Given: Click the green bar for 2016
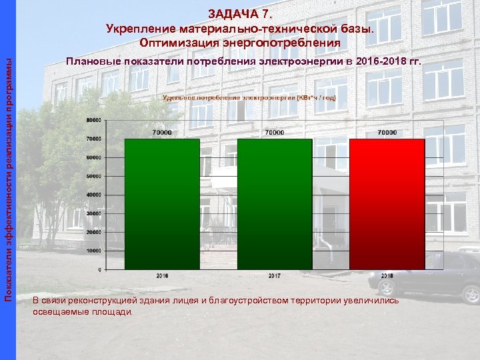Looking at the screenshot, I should pyautogui.click(x=162, y=203).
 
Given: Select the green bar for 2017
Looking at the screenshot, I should pyautogui.click(x=275, y=203).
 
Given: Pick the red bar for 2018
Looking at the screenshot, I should pyautogui.click(x=387, y=203).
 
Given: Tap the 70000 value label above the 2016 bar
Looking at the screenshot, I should pyautogui.click(x=162, y=133).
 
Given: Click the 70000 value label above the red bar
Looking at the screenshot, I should pyautogui.click(x=387, y=133).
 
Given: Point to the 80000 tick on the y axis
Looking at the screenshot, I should pyautogui.click(x=93, y=120).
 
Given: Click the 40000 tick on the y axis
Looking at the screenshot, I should pyautogui.click(x=93, y=195).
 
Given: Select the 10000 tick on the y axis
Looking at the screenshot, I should pyautogui.click(x=93, y=251).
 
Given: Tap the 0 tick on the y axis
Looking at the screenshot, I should pyautogui.click(x=99, y=269).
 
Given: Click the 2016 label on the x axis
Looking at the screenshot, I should pyautogui.click(x=162, y=275).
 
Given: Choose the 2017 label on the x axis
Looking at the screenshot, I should pyautogui.click(x=275, y=275).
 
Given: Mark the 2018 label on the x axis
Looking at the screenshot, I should pyautogui.click(x=387, y=275).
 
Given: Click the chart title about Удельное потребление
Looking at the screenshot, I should pyautogui.click(x=249, y=97).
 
